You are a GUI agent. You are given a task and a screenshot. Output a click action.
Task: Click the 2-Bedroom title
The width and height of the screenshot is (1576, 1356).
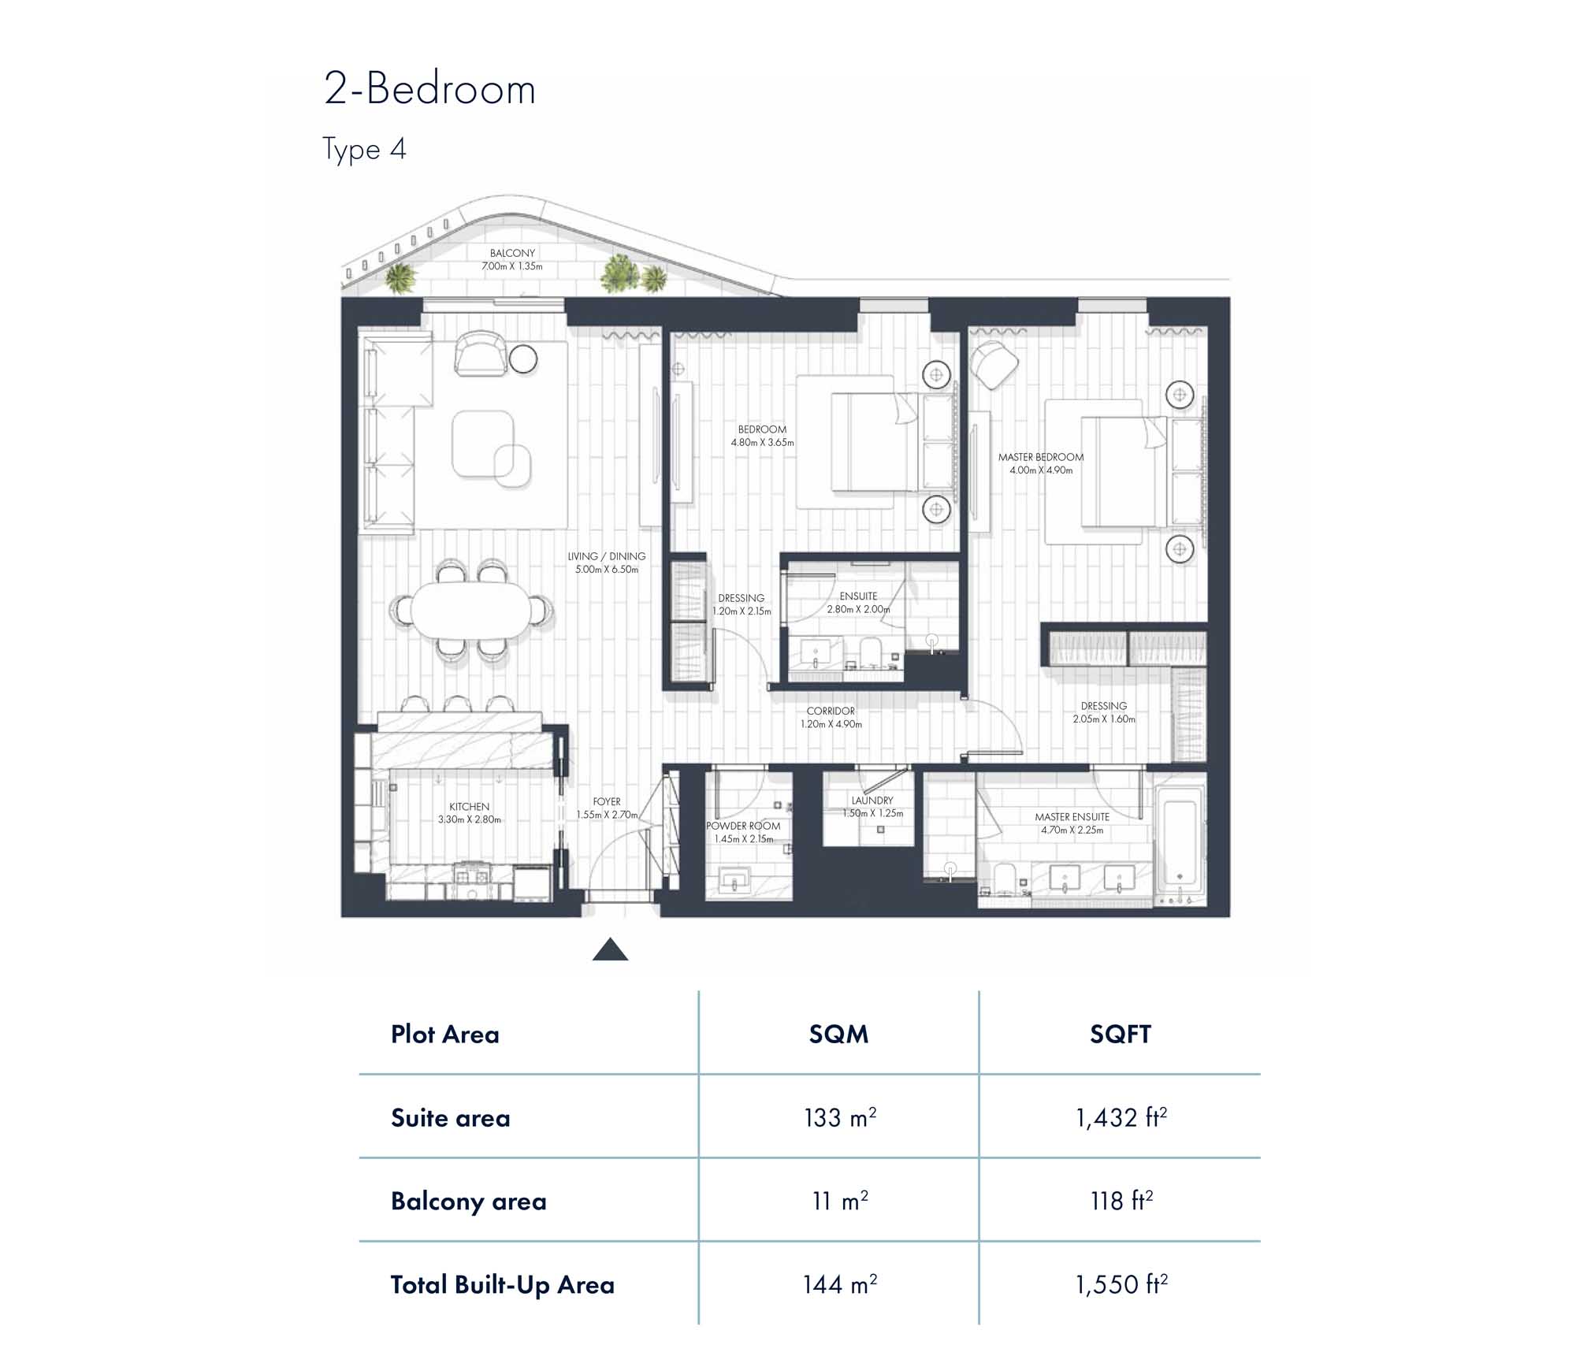429,88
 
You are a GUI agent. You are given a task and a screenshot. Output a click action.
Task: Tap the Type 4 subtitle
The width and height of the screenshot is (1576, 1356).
364,149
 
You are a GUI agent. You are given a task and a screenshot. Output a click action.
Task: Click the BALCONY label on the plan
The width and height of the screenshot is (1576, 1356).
512,253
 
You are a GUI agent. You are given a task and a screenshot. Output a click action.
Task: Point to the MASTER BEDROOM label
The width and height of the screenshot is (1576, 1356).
1041,457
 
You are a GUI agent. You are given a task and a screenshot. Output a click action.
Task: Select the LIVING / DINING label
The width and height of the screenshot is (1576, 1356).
607,556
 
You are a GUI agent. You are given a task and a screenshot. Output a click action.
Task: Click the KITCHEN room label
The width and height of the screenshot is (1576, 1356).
470,807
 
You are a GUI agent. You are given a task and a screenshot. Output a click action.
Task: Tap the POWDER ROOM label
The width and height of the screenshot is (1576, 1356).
743,826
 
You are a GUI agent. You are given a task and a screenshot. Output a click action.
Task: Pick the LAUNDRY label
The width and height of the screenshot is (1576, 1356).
872,801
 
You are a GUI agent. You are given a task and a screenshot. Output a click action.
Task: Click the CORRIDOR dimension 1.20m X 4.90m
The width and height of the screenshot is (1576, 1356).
831,724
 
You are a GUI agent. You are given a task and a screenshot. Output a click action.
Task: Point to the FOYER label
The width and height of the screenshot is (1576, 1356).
607,802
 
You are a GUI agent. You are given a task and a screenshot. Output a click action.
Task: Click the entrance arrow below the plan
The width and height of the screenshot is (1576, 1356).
610,949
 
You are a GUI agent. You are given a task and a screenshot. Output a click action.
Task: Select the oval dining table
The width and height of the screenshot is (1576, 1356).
471,610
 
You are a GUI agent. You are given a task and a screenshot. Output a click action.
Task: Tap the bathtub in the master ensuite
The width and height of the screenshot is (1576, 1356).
1180,843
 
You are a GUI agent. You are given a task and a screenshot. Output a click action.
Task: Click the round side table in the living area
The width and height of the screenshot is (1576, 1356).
523,359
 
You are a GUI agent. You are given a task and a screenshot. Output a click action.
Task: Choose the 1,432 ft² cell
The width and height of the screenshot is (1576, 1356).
1121,1117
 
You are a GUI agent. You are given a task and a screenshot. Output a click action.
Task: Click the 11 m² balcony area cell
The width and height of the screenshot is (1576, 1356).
840,1201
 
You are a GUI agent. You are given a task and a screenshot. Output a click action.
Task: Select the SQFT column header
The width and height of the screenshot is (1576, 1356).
1121,1034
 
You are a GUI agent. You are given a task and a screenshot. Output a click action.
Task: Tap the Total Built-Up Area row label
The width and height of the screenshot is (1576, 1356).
503,1284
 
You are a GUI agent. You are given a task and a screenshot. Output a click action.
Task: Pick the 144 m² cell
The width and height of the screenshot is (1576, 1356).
840,1284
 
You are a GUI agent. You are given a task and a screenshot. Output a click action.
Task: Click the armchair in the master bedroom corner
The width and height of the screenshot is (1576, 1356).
994,364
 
